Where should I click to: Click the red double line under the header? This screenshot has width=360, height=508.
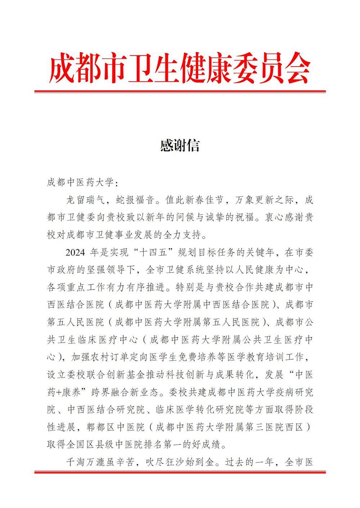[x=180, y=92]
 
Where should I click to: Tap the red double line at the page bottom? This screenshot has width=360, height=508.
[x=180, y=472]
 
